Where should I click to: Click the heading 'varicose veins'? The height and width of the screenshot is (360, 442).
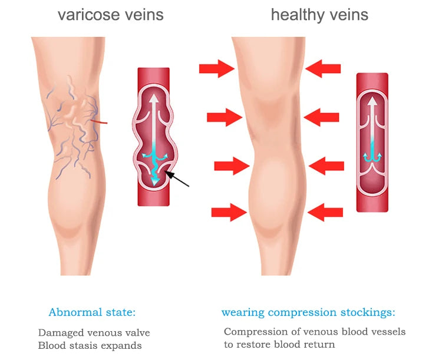[111, 15]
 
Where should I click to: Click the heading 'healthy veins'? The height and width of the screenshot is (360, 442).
[319, 15]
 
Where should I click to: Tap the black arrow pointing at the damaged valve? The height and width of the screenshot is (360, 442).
[177, 179]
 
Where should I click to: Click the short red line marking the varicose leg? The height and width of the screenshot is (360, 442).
[99, 122]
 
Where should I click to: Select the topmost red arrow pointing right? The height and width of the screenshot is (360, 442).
[217, 68]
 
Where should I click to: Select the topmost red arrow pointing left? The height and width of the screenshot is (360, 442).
[323, 68]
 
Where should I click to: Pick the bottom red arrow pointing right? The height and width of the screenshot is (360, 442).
[229, 212]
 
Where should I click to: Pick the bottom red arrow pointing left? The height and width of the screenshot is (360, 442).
[325, 212]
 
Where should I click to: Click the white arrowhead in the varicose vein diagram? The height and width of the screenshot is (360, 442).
[154, 98]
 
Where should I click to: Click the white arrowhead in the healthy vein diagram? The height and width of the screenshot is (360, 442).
[372, 101]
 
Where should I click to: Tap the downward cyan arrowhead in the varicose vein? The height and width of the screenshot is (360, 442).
[154, 182]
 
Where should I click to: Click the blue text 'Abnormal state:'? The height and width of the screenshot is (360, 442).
[92, 312]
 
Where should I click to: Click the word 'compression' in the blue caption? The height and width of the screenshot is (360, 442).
[302, 313]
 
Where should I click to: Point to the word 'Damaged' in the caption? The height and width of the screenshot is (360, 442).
[61, 333]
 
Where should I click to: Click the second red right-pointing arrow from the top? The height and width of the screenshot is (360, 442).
[225, 117]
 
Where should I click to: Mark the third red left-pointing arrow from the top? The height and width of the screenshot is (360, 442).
[326, 166]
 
